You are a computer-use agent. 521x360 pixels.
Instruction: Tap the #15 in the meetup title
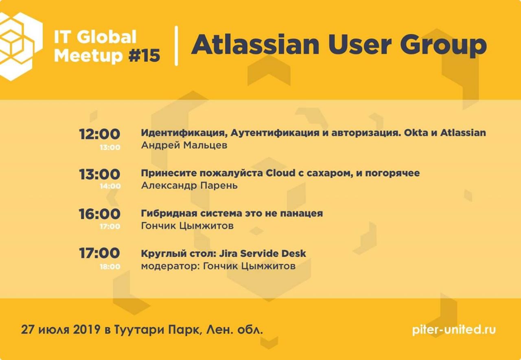pos(144,56)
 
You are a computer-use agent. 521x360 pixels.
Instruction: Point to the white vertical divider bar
pos(176,46)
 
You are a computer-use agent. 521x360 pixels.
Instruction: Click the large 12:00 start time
pos(100,134)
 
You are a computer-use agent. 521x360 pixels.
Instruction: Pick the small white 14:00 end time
pos(110,186)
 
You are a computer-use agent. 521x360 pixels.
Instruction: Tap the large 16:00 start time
pos(100,214)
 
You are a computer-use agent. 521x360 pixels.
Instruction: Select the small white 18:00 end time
pos(110,266)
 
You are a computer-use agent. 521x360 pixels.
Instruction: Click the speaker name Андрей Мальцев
pos(184,145)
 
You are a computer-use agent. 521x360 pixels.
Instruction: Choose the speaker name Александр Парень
pos(189,186)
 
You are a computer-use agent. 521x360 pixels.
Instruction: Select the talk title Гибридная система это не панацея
pos(232,213)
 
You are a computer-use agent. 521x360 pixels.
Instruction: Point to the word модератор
pos(171,266)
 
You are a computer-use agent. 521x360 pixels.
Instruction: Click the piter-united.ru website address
pos(454,330)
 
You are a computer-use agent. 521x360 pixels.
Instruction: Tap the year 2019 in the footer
pos(87,329)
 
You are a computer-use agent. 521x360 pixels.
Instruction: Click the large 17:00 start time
pos(100,253)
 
